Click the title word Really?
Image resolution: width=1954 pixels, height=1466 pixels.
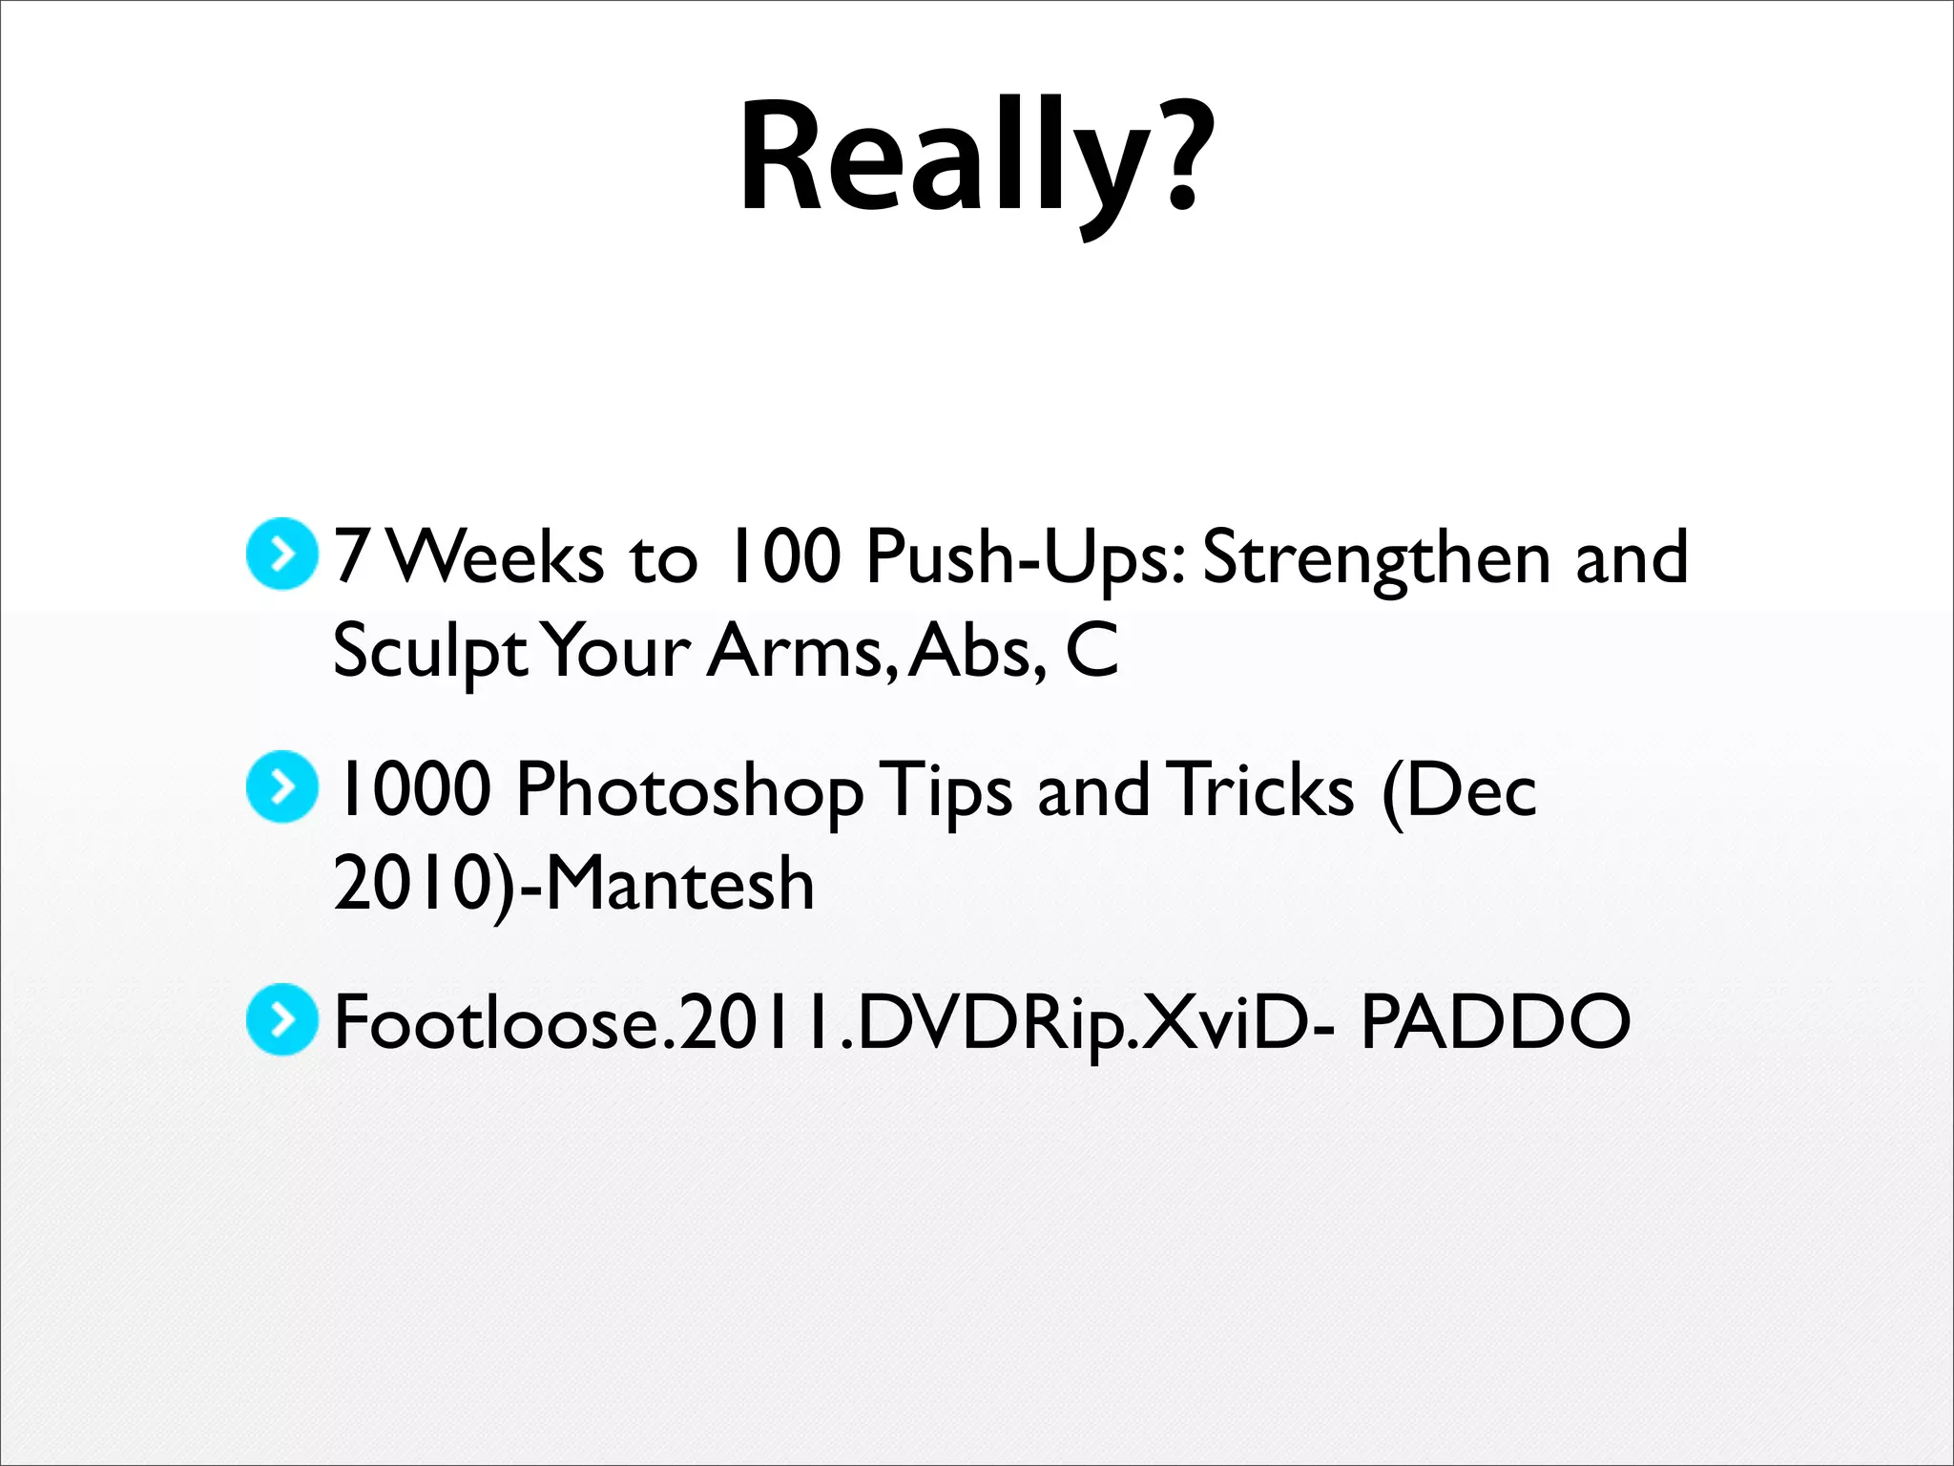(976, 157)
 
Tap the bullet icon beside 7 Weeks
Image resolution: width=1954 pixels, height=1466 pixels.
(281, 554)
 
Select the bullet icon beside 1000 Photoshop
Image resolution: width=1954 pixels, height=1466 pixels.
(281, 787)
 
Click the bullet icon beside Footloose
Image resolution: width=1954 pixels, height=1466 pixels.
(281, 1020)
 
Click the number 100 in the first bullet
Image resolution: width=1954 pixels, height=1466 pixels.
(782, 556)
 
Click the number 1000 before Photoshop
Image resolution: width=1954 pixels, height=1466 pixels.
(412, 789)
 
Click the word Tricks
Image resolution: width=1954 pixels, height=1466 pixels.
(1264, 789)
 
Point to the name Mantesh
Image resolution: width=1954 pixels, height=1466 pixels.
(679, 883)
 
